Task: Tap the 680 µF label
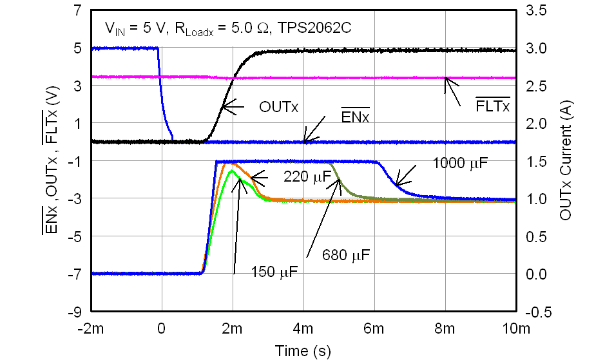click(346, 256)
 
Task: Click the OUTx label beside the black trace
click(278, 106)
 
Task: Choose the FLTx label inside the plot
click(492, 105)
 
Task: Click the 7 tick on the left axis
click(77, 11)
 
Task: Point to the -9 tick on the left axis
click(75, 311)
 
